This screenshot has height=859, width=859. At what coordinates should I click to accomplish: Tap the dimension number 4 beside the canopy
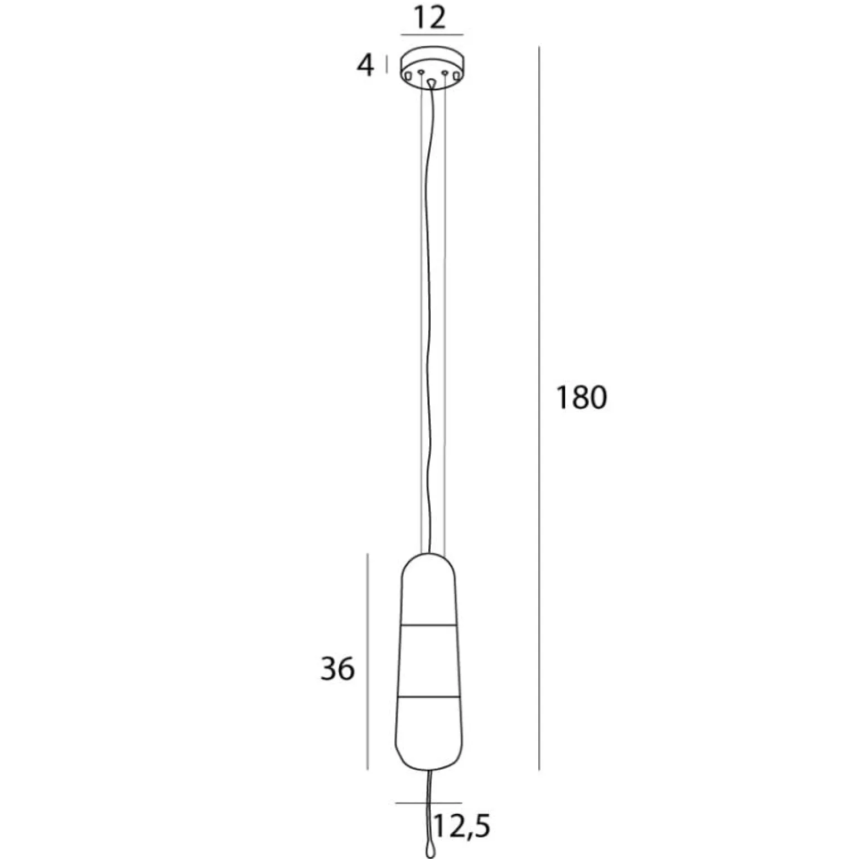click(365, 66)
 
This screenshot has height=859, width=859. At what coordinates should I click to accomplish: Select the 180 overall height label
click(581, 398)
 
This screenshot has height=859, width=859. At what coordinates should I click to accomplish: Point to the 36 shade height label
click(337, 668)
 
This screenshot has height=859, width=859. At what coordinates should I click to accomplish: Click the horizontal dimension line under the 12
click(432, 35)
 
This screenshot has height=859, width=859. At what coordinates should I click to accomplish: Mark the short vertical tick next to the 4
click(387, 65)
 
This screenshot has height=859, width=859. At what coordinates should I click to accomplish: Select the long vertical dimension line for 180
click(539, 407)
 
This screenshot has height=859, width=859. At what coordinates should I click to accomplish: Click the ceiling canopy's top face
click(432, 59)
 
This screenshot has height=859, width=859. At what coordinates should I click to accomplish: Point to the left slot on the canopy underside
click(409, 75)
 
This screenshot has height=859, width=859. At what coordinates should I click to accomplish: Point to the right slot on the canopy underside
click(457, 75)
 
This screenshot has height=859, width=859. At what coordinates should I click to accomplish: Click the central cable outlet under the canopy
click(432, 83)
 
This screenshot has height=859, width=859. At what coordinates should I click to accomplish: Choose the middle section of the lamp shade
click(428, 661)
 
